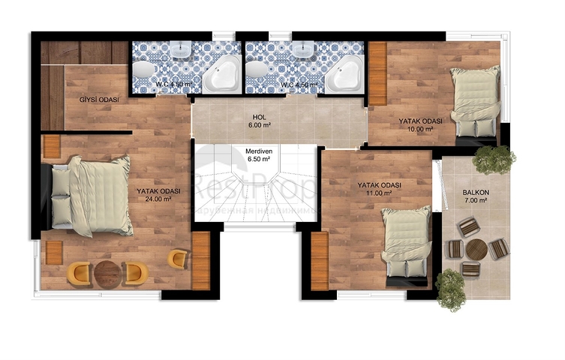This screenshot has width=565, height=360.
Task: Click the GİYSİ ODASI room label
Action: point(99,100)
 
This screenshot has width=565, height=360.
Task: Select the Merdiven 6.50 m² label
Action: point(258,155)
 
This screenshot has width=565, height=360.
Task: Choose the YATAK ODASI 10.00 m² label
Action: point(419,124)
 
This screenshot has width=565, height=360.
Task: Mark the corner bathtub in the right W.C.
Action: point(344,73)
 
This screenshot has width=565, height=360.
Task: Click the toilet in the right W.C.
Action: point(257,70)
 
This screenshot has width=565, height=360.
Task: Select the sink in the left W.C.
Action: point(181,50)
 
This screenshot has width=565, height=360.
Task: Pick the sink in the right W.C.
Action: point(304,50)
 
